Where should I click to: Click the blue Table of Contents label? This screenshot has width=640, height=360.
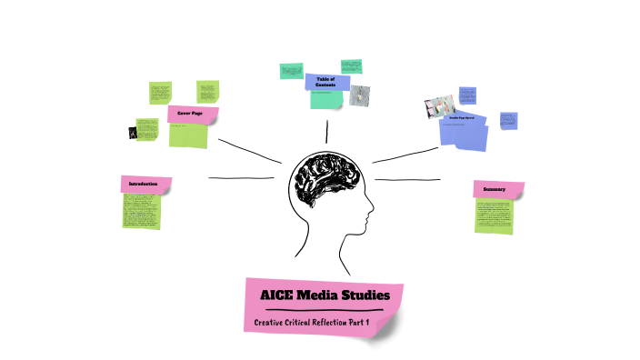pyautogui.click(x=326, y=82)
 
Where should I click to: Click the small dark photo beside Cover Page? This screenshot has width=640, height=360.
pyautogui.click(x=135, y=133)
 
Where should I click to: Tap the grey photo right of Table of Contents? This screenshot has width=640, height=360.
pyautogui.click(x=360, y=95)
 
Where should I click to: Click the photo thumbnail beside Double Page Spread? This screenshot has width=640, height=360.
pyautogui.click(x=434, y=107)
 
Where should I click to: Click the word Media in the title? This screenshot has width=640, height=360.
pyautogui.click(x=318, y=295)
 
